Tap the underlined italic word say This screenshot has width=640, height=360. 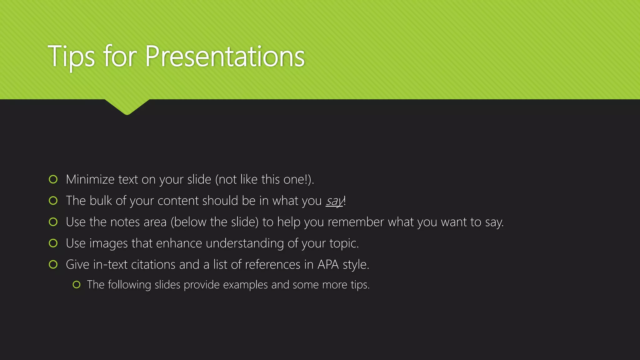(334, 201)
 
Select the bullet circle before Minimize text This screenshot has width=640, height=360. (53, 179)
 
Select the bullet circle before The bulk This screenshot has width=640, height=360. (53, 201)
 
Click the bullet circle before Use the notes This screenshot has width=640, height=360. (53, 222)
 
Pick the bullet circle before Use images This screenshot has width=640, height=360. (53, 243)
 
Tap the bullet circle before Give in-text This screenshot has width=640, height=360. (53, 264)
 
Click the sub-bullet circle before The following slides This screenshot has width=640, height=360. (77, 285)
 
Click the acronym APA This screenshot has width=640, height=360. (328, 265)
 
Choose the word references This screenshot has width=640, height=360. (272, 265)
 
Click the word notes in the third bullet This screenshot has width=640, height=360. (125, 222)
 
